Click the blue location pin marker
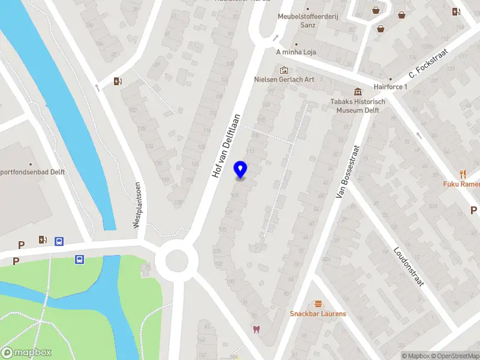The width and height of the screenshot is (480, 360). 241,170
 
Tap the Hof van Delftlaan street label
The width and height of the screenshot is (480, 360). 226,145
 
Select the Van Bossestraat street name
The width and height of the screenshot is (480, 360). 349,173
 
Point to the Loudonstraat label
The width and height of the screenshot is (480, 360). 409,267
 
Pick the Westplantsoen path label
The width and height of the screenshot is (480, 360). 137,205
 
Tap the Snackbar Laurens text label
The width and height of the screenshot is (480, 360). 318,314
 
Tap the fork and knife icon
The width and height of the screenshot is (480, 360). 463,174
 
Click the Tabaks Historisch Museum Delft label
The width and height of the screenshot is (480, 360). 358,106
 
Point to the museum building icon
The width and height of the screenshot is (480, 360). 358,91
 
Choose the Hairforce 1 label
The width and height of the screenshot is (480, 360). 391,87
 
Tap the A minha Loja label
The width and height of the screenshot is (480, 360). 296,52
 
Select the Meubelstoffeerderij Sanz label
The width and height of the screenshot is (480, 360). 308,20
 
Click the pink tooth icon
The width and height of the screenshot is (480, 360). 256,329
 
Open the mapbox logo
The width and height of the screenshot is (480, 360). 26,353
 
